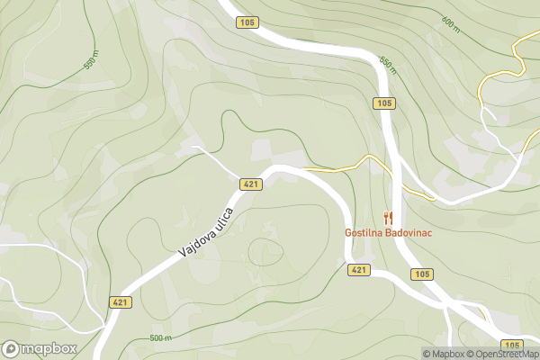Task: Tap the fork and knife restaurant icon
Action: point(388,217)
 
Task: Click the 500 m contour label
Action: point(160,338)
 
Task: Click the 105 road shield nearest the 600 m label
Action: point(248,21)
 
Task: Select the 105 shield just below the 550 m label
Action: point(384,103)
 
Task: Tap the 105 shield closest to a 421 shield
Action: point(421,274)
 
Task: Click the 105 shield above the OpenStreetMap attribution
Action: point(511,345)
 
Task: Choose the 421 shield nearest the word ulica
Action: point(251,184)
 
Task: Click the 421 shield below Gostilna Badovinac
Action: point(358,270)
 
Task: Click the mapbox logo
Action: point(40,348)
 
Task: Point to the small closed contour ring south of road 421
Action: point(266,250)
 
